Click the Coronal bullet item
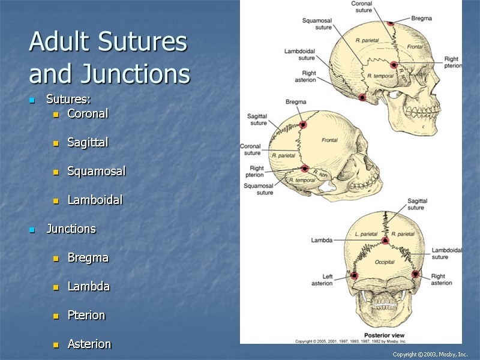pyautogui.click(x=88, y=113)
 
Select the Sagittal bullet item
pyautogui.click(x=88, y=142)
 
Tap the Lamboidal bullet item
pyautogui.click(x=95, y=200)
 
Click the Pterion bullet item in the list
pyautogui.click(x=86, y=315)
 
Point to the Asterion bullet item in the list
pyautogui.click(x=89, y=344)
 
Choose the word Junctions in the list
pyautogui.click(x=71, y=229)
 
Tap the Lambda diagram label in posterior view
pyautogui.click(x=322, y=240)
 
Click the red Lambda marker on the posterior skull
pyautogui.click(x=385, y=241)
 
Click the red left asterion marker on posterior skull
pyautogui.click(x=354, y=276)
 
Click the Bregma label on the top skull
pyautogui.click(x=421, y=19)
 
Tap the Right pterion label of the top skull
pyautogui.click(x=452, y=62)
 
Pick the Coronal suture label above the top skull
pyautogui.click(x=361, y=7)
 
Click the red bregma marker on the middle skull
pyautogui.click(x=303, y=125)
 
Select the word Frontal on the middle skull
pyautogui.click(x=329, y=140)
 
